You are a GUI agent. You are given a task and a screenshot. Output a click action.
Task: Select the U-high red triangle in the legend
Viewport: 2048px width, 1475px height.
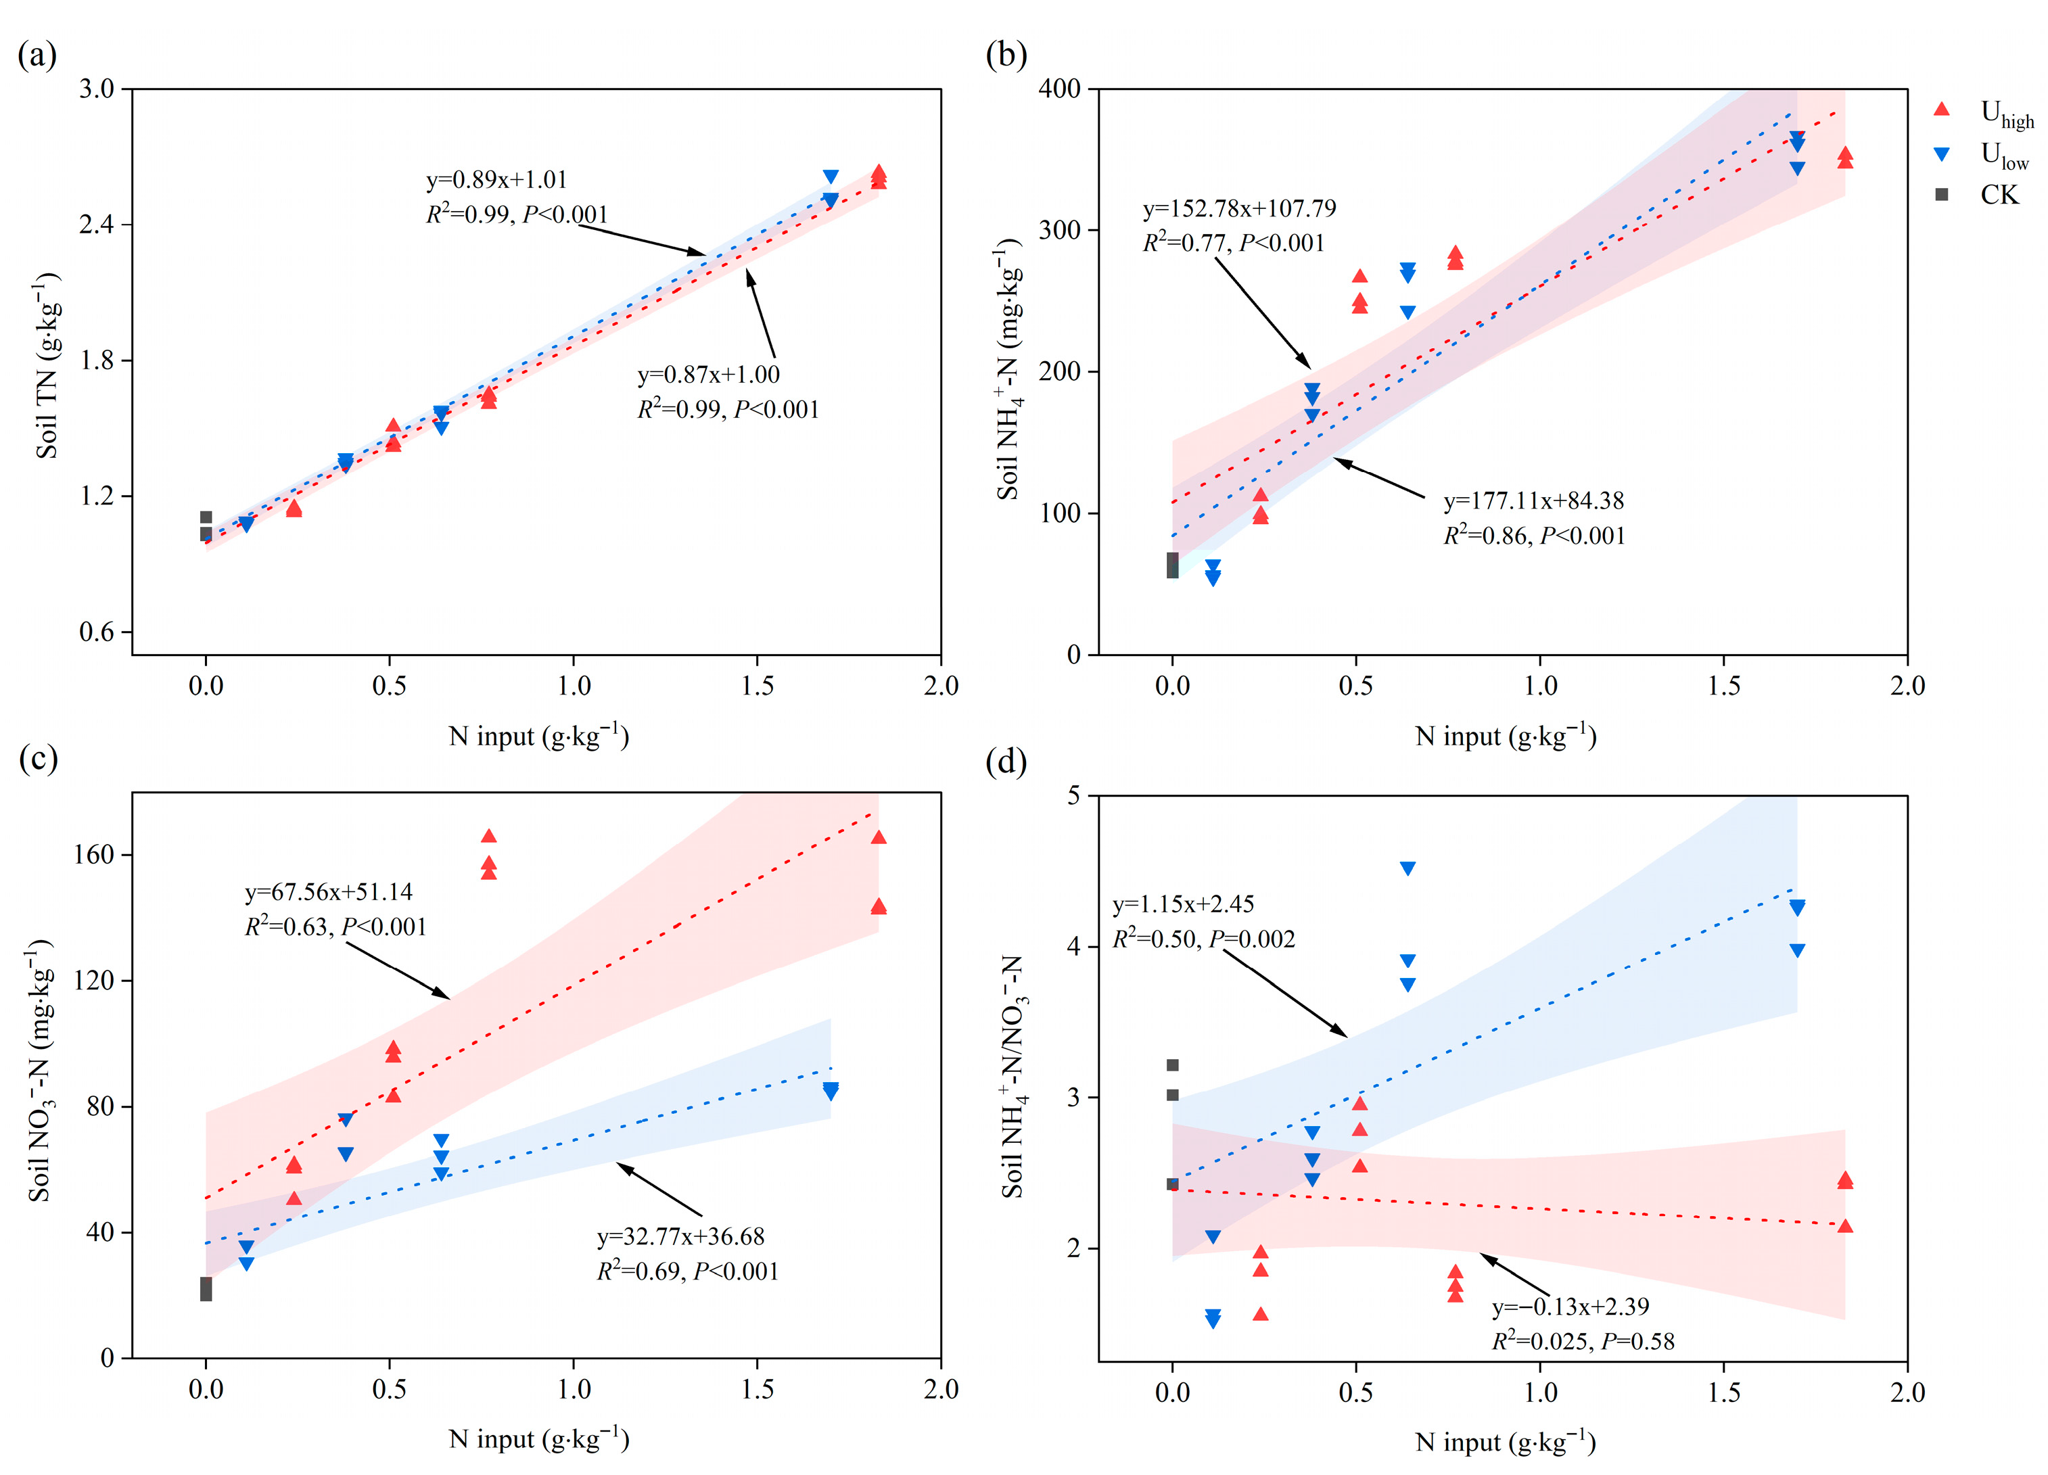[1940, 110]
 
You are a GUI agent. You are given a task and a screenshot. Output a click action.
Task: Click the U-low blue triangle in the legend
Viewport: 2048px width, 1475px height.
[1940, 154]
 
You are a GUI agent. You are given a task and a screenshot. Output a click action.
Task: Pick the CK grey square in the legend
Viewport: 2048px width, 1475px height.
[1940, 195]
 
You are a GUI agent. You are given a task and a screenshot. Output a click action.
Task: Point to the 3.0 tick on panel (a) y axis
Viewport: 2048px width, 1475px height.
[97, 89]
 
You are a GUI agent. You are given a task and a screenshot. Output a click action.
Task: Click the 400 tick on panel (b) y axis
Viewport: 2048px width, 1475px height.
[1059, 89]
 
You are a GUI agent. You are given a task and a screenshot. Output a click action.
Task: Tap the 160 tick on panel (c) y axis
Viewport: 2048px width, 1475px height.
[94, 854]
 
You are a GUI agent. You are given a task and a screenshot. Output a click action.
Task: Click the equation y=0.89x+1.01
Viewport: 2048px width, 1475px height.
[496, 180]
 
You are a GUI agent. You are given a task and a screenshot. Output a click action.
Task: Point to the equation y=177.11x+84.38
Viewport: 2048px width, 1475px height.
[1533, 501]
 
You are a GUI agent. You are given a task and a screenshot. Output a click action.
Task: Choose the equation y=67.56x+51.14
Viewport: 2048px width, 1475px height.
[329, 892]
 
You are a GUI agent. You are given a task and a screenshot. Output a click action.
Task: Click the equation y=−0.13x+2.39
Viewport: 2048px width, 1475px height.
[1570, 1306]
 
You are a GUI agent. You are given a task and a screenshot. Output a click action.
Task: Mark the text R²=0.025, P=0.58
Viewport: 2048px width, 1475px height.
[1582, 1341]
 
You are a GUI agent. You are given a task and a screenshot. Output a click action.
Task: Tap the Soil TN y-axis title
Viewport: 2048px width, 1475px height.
[47, 366]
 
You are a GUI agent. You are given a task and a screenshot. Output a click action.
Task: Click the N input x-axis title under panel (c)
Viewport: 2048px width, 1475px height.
[538, 1438]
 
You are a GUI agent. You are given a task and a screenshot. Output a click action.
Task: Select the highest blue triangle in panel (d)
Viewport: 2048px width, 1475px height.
[1407, 868]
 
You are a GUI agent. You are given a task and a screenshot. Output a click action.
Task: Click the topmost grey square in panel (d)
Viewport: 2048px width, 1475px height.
[1172, 1065]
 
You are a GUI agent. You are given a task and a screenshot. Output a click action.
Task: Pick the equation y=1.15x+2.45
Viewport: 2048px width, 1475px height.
[1183, 904]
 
